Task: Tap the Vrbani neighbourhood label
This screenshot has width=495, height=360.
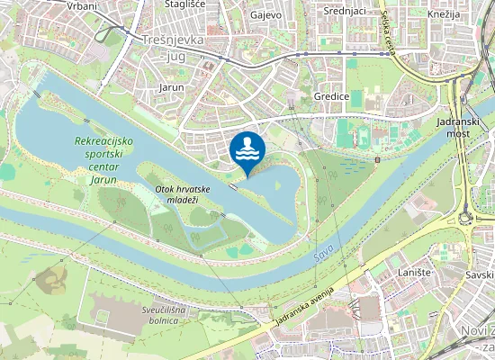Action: (x=82, y=5)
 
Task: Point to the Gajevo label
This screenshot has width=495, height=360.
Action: (x=265, y=15)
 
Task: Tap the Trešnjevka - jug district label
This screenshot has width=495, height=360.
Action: (x=174, y=48)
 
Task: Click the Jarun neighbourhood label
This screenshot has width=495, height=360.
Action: (x=171, y=87)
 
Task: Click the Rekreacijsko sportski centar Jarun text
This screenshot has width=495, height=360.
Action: (x=104, y=155)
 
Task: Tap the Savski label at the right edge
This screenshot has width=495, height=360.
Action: (x=480, y=274)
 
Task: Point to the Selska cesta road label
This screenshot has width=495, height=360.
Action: (x=387, y=29)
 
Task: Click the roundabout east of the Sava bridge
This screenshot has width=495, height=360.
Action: (x=467, y=217)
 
